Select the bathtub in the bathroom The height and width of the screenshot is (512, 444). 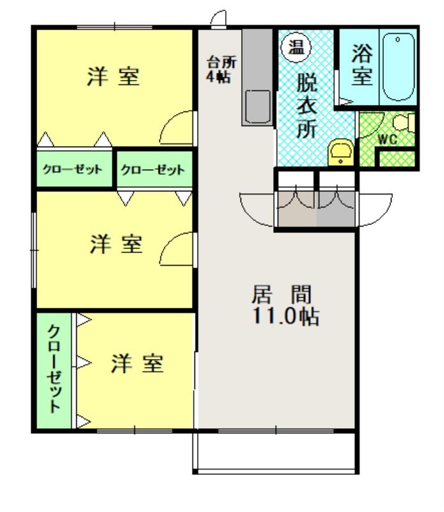click(399, 67)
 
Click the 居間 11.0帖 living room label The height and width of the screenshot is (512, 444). click(281, 305)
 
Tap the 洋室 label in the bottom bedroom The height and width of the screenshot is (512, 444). click(138, 364)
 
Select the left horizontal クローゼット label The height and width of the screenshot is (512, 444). click(72, 170)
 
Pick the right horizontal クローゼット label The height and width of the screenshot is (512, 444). click(152, 170)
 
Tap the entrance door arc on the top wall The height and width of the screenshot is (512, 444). click(219, 18)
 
